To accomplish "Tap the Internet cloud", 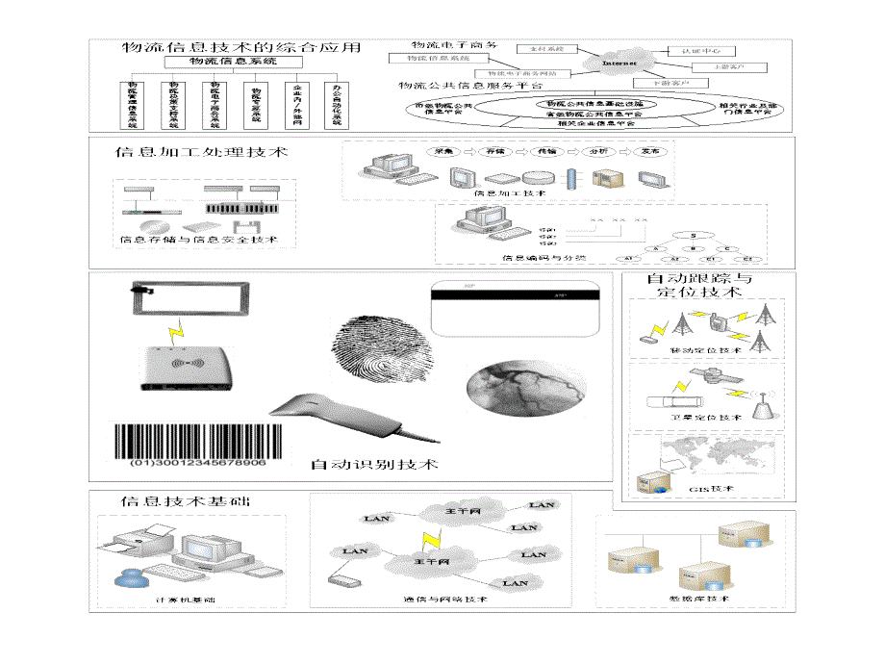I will point(619,64).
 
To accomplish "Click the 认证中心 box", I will point(694,49).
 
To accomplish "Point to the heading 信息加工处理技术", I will point(200,152).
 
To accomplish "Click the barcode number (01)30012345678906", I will point(198,463).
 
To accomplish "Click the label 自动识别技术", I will point(374,465).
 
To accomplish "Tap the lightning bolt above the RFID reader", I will point(174,334).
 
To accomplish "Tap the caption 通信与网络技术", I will point(444,600).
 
